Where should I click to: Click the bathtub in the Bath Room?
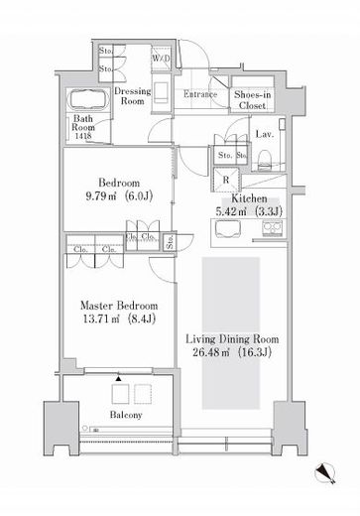coord(88,98)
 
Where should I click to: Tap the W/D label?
coord(161,59)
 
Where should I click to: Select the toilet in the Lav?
coord(265,160)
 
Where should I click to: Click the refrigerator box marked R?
coord(226,180)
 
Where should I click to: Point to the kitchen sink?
coord(228,229)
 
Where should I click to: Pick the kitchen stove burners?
coord(273,228)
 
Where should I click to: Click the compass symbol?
coord(325,472)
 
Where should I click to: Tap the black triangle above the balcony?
coord(118,378)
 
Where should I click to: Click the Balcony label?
coord(126,415)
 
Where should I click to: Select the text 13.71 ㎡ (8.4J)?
coord(119,319)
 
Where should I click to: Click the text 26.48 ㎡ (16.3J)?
coord(232,352)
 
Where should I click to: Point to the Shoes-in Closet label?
coord(252,100)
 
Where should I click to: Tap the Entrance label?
coord(200,94)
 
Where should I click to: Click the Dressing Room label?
coord(132,96)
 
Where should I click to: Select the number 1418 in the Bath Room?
coord(83,136)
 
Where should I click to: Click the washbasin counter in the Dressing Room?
coord(162,93)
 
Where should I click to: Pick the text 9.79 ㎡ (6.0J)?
coord(119,196)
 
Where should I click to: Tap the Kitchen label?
coord(249,198)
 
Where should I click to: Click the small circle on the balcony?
coord(85,428)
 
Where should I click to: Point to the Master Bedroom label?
coord(119,306)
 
